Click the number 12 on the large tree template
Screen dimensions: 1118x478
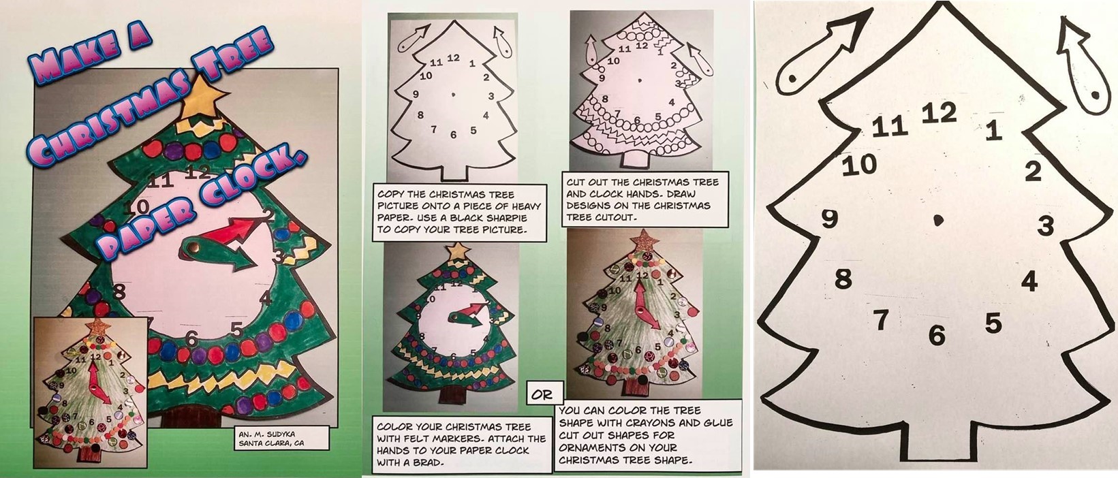(939, 113)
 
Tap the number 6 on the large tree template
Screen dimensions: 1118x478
(937, 334)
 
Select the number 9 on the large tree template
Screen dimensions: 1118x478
(829, 219)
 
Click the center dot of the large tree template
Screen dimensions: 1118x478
(938, 219)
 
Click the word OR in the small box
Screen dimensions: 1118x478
(542, 395)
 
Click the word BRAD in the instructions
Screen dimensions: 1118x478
(429, 462)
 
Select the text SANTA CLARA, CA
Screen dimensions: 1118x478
(271, 443)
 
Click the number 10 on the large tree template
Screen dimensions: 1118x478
(859, 164)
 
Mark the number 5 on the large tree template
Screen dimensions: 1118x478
(993, 323)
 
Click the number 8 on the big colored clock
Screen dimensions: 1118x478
(119, 291)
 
